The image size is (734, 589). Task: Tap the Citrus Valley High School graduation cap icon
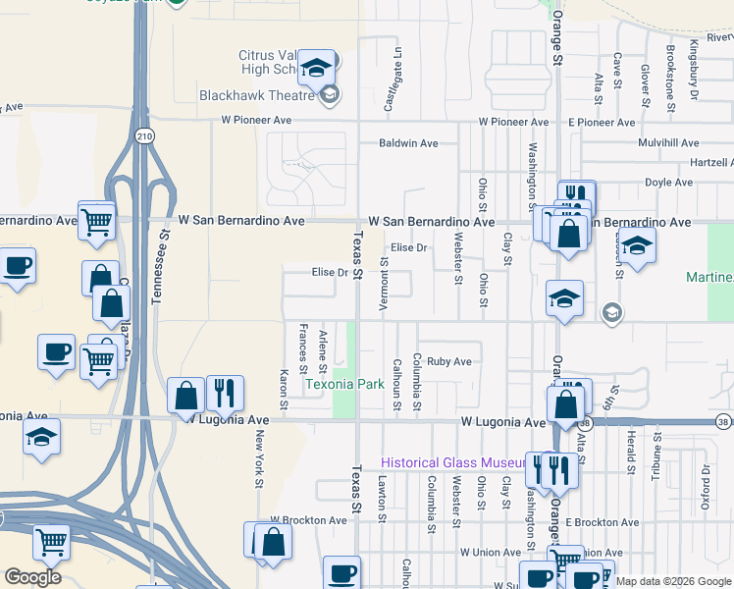pyautogui.click(x=316, y=68)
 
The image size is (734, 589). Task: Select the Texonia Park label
pyautogui.click(x=343, y=384)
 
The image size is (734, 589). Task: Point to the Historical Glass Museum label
pyautogui.click(x=454, y=462)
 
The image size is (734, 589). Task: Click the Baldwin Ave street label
pyautogui.click(x=408, y=143)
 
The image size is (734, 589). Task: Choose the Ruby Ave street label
pyautogui.click(x=449, y=361)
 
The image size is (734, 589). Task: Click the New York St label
pyautogui.click(x=260, y=458)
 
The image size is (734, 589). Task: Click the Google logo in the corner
pyautogui.click(x=32, y=576)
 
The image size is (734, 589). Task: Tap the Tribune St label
pyautogui.click(x=655, y=459)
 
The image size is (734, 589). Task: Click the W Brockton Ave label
pyautogui.click(x=308, y=520)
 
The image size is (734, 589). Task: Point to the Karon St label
pyautogui.click(x=284, y=389)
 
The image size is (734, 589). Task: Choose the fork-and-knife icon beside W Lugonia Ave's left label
pyautogui.click(x=225, y=394)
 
